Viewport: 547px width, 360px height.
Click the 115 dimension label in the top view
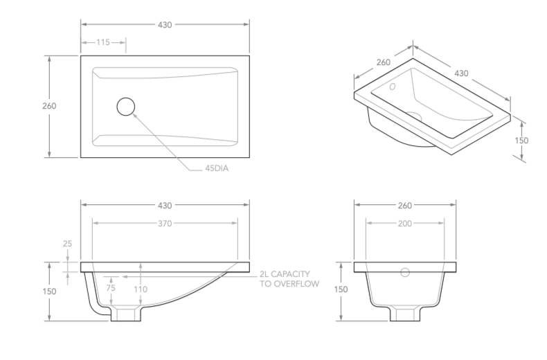103,43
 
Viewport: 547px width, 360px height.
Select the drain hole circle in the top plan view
126,107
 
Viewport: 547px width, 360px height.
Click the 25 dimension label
67,244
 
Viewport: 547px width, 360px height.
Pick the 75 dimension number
110,289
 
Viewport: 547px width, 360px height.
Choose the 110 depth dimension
141,289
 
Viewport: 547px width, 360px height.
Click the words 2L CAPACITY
289,274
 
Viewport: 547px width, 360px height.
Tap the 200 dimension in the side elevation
404,224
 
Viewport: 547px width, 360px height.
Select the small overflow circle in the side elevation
406,272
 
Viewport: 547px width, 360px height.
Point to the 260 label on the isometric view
384,62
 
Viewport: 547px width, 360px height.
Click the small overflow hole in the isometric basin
392,87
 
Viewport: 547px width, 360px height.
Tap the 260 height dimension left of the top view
49,107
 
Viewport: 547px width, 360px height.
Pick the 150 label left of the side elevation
340,289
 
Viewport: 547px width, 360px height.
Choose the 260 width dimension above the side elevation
404,206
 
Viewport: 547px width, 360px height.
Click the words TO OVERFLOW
289,284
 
